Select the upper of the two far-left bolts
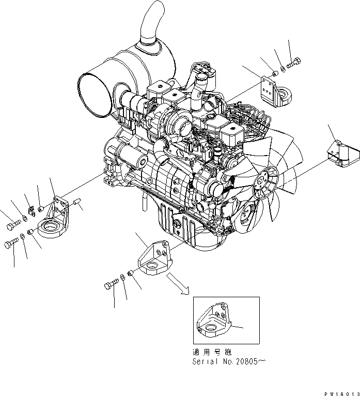pyautogui.click(x=12, y=225)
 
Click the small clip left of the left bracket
pyautogui.click(x=30, y=210)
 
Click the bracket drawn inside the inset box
pyautogui.click(x=214, y=324)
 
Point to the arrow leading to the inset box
pyautogui.click(x=178, y=283)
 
